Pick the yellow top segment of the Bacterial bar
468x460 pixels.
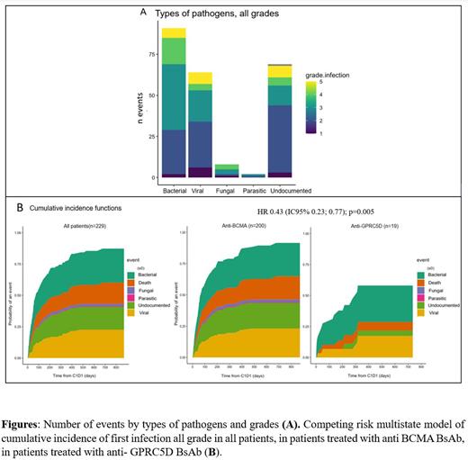174,33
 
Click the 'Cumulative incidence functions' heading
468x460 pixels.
81,209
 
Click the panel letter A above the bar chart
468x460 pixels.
144,12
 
